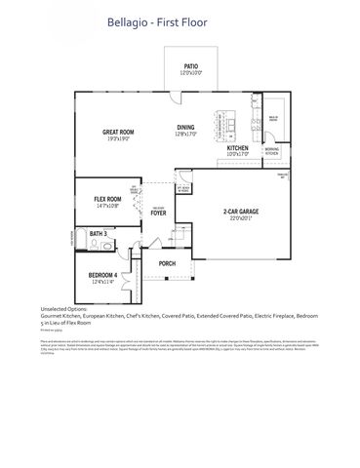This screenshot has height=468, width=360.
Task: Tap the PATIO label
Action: coord(191,67)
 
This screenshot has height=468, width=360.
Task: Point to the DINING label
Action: coord(186,127)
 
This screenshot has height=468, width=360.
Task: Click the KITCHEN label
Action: coord(238,147)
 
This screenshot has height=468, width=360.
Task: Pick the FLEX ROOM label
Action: coord(106,199)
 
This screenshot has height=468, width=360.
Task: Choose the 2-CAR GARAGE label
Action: coord(239,211)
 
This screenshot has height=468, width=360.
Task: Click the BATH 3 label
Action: coord(99,235)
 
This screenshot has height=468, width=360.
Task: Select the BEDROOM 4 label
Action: coord(103,275)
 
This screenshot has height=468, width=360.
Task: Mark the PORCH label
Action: coord(167,262)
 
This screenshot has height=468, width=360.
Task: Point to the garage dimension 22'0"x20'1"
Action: coord(239,218)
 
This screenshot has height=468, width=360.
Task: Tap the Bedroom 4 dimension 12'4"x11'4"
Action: coord(103,283)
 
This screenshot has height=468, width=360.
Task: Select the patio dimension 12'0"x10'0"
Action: coord(191,74)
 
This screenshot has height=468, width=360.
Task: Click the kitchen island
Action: coord(230,114)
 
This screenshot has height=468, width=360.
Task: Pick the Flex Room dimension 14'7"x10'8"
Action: coord(106,206)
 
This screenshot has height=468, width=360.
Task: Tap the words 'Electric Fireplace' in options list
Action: coord(274,317)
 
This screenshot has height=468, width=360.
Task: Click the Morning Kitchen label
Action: coord(272,150)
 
